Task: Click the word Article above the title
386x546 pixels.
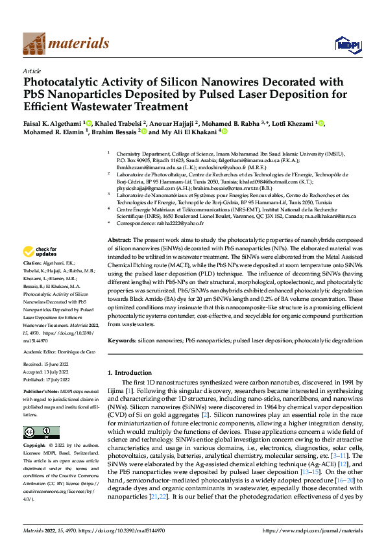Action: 32,71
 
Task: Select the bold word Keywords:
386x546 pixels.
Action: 121,340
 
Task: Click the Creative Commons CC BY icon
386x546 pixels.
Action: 37,432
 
